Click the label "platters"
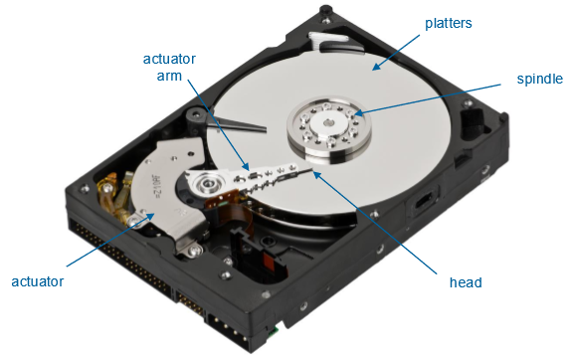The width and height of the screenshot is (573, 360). [x=448, y=23]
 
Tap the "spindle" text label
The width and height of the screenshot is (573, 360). [x=540, y=79]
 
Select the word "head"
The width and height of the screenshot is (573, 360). [x=466, y=282]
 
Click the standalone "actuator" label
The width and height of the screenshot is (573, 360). [x=37, y=281]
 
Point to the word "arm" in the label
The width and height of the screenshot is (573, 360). [x=169, y=76]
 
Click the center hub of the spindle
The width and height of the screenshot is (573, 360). [x=329, y=122]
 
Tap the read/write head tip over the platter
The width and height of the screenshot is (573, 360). [x=310, y=170]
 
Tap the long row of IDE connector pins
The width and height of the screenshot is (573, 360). [x=120, y=256]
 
